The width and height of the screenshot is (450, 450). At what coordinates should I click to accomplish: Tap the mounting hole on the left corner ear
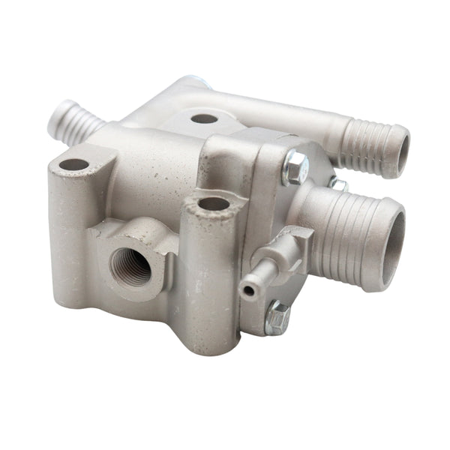coord(73,164)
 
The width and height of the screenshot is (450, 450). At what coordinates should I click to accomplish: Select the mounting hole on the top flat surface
coord(204,118)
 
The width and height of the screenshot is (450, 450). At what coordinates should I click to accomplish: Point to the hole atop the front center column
coord(214,203)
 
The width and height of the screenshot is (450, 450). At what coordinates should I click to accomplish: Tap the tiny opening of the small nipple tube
coord(247,289)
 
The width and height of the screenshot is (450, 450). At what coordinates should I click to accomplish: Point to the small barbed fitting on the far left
coord(71,122)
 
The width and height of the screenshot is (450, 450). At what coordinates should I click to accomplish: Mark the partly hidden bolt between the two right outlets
coord(337,183)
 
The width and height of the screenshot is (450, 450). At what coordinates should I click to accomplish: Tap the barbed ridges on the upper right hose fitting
coord(367,146)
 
